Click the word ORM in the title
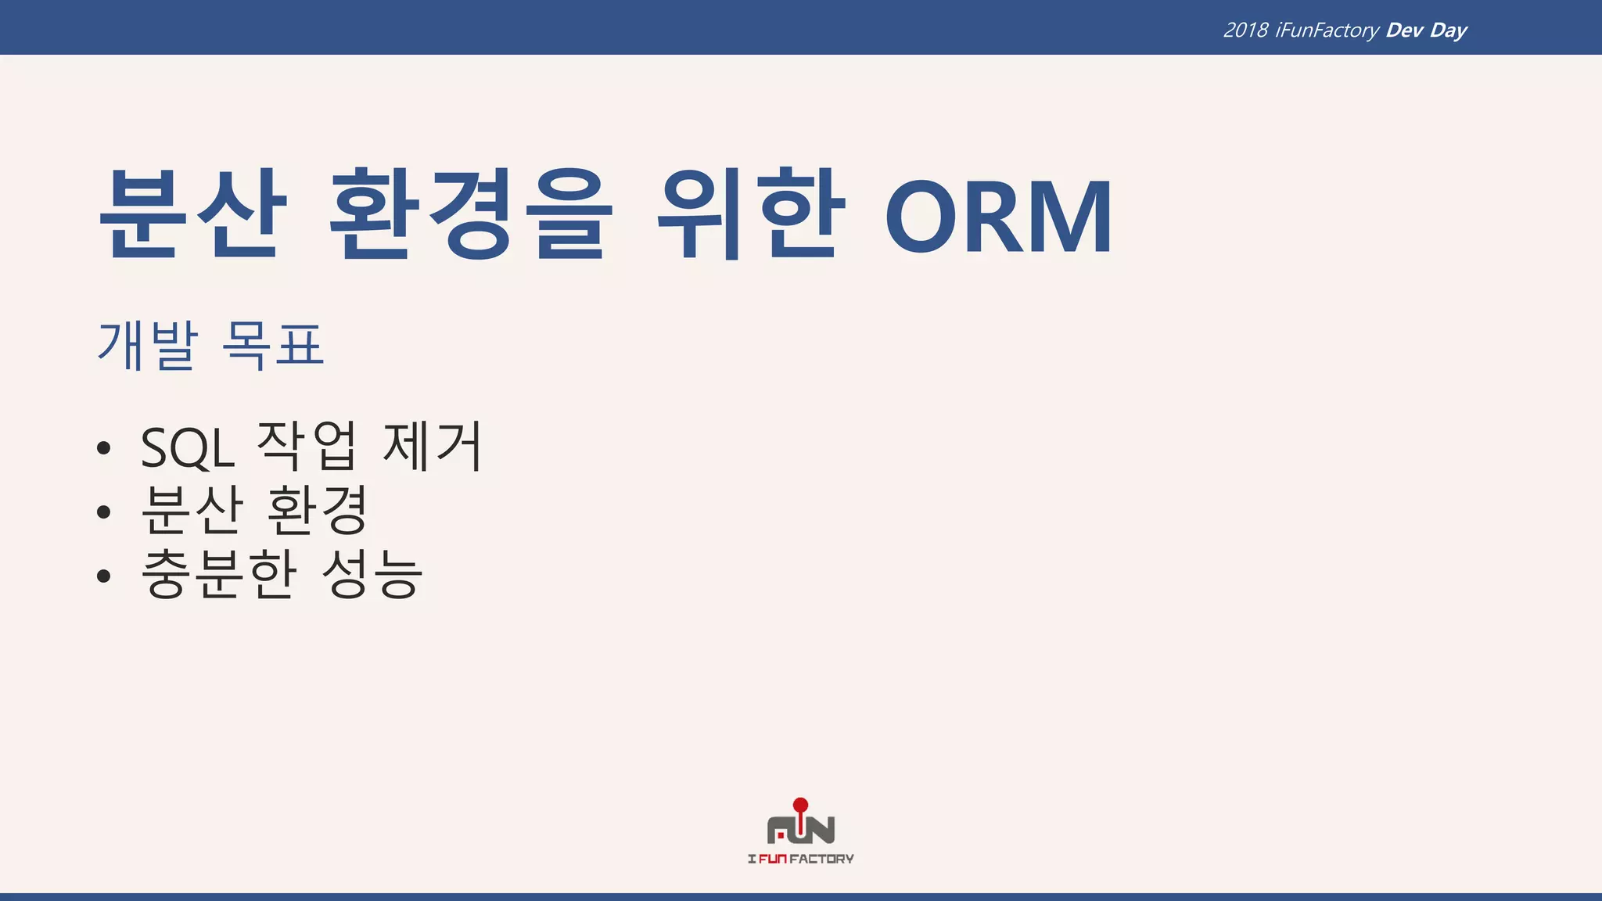coord(999,217)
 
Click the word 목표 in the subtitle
coord(273,345)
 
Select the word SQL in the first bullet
coord(188,448)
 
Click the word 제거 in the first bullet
coord(433,447)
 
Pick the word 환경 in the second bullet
coord(317,511)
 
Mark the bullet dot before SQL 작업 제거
coord(104,449)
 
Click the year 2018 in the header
coord(1245,31)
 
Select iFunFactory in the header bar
coord(1327,31)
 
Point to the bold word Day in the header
coord(1448,31)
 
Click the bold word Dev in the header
coord(1404,31)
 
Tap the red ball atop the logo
coord(800,805)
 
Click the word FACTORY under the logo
coord(821,859)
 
